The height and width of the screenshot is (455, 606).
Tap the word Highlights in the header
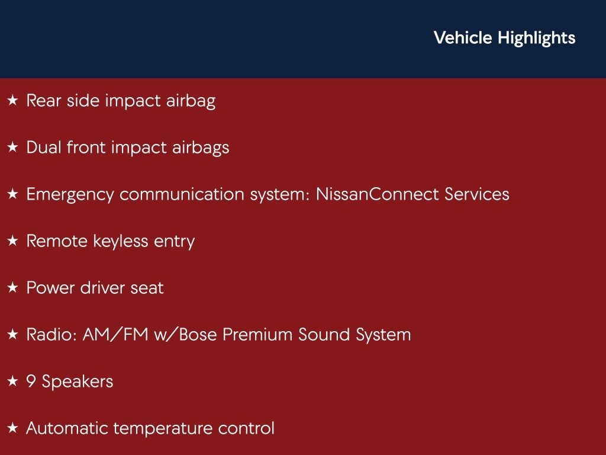coord(536,39)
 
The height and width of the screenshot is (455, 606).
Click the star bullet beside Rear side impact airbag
coord(13,101)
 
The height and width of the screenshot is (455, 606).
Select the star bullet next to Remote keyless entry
coord(13,241)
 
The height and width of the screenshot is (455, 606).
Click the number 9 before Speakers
coord(31,382)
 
